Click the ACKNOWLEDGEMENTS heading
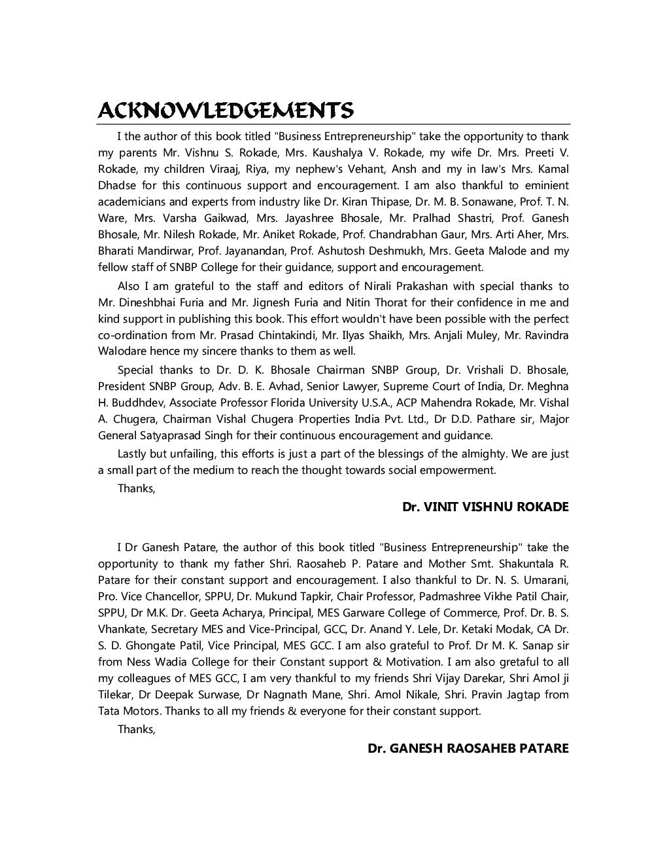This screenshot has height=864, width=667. [226, 110]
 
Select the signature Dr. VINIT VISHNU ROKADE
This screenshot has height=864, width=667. [485, 507]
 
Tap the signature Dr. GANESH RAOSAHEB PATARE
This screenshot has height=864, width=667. [468, 748]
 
